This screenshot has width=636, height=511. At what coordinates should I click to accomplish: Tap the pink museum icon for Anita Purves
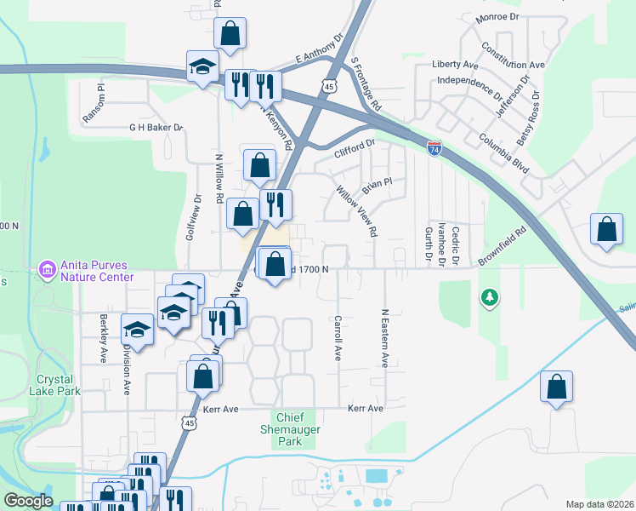click(x=47, y=271)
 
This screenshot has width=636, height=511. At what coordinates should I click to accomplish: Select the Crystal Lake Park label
click(x=58, y=385)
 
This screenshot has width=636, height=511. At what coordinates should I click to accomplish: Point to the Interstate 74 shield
click(x=434, y=149)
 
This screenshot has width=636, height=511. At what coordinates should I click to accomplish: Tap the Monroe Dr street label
click(x=497, y=17)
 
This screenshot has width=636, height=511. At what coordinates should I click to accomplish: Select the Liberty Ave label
click(x=455, y=64)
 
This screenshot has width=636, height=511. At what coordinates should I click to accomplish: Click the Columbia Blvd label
click(x=503, y=153)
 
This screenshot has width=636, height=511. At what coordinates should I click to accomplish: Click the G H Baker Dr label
click(x=156, y=128)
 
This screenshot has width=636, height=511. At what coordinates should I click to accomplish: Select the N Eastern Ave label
click(x=385, y=338)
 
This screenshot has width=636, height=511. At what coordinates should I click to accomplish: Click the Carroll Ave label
click(x=338, y=338)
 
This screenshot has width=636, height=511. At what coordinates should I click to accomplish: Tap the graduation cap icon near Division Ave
click(x=137, y=329)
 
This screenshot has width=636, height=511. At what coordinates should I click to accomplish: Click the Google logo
click(x=28, y=501)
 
